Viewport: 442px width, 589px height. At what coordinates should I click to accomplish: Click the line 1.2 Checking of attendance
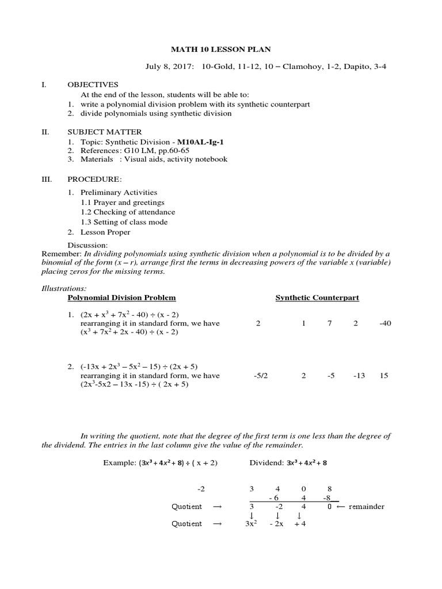128,212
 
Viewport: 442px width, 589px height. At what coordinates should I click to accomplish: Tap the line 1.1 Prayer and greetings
123,202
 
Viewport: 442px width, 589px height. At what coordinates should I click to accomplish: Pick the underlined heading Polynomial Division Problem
121,297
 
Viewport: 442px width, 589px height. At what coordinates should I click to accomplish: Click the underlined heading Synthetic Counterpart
317,297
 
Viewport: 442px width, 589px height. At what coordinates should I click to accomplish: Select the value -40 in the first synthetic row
385,324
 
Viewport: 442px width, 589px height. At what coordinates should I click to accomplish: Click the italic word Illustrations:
63,287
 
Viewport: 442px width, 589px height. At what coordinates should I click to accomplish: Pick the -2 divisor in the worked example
200,488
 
